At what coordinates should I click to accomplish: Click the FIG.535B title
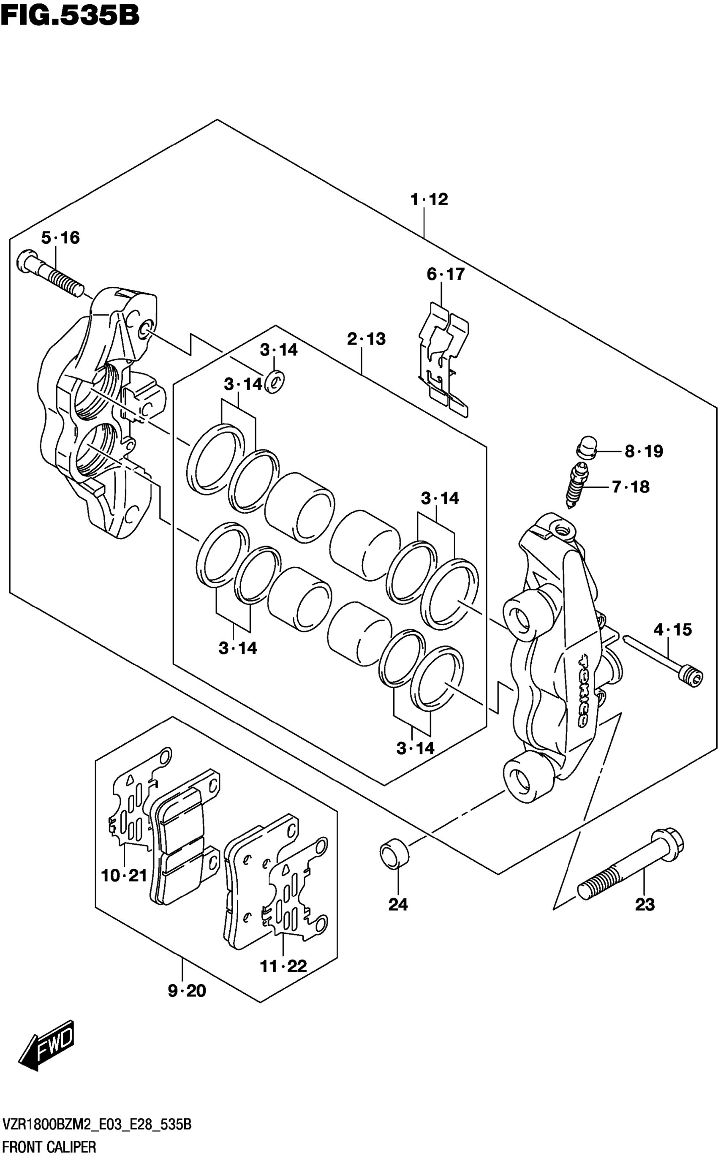[70, 16]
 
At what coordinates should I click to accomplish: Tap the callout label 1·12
[429, 199]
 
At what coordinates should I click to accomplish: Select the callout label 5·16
[60, 238]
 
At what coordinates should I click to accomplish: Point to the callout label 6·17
[446, 275]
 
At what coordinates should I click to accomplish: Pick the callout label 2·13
[366, 339]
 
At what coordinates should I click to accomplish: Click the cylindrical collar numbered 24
[394, 854]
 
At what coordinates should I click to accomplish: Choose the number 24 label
[398, 905]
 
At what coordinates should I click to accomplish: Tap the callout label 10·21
[124, 876]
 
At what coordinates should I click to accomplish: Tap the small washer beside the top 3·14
[274, 380]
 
